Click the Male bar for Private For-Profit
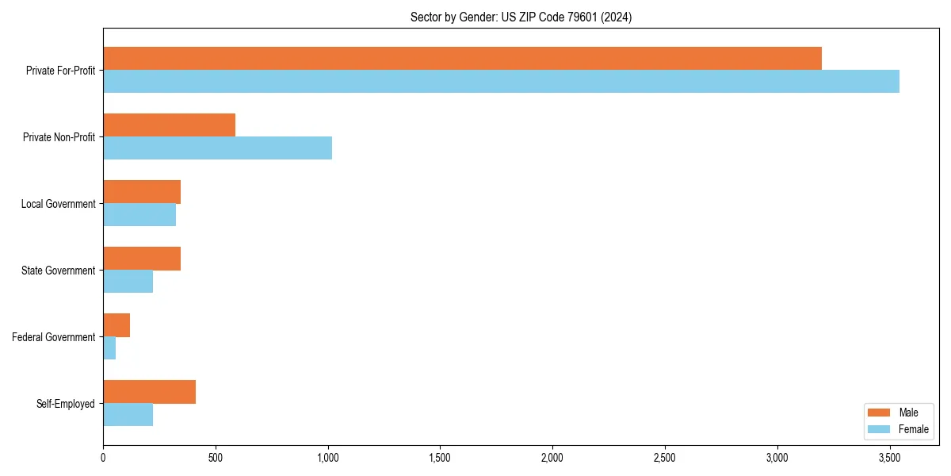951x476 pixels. click(462, 58)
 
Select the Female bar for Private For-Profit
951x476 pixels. click(501, 81)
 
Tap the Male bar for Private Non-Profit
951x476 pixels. click(169, 125)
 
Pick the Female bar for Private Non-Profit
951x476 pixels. click(217, 148)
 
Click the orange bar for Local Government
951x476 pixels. click(142, 191)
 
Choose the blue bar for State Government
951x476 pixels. click(128, 281)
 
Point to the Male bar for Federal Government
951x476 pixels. click(116, 324)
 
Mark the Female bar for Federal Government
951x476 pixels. click(109, 347)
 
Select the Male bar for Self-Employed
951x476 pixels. click(149, 391)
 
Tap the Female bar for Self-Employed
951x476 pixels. click(128, 414)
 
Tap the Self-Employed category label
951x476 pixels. click(65, 404)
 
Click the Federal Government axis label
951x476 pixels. click(54, 337)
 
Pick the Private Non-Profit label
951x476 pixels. click(59, 137)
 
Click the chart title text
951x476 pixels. click(521, 17)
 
